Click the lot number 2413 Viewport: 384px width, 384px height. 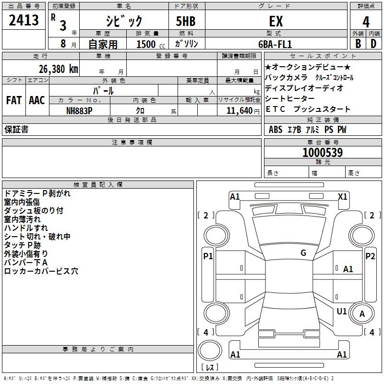(x=24, y=21)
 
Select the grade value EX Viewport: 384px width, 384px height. (x=276, y=22)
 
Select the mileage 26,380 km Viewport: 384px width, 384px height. (x=55, y=69)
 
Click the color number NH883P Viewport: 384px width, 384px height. (x=79, y=110)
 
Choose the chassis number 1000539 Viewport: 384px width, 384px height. (x=322, y=153)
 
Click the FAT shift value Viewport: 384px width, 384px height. (x=14, y=100)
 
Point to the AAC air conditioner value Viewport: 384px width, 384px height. (x=37, y=100)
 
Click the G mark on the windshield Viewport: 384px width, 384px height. (x=303, y=253)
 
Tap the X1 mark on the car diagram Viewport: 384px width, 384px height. (x=343, y=196)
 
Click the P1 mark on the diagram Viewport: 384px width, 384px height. (x=208, y=256)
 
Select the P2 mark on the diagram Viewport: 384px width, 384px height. (x=370, y=256)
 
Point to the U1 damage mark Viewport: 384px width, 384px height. (x=342, y=312)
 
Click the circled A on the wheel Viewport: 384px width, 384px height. (x=362, y=314)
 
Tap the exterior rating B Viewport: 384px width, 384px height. (x=358, y=43)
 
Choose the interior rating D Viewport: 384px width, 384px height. (x=373, y=43)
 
